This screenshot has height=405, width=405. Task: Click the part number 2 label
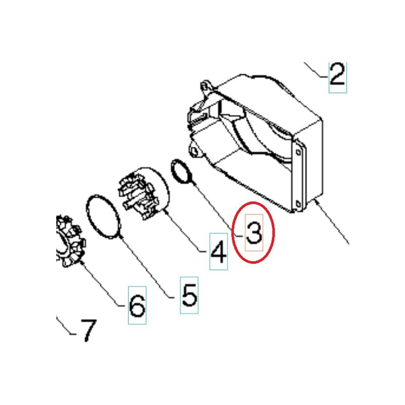[337, 75]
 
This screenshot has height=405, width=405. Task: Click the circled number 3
[254, 233]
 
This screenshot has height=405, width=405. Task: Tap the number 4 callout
[219, 252]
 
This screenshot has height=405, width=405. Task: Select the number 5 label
[189, 295]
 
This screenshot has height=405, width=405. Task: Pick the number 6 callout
[137, 306]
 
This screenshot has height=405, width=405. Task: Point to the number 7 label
[89, 330]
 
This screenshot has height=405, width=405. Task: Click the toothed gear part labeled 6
[70, 241]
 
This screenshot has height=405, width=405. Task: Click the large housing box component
[258, 142]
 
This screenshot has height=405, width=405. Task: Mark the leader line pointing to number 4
[185, 232]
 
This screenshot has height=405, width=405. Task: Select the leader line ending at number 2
[315, 70]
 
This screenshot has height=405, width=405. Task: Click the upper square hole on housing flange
[298, 153]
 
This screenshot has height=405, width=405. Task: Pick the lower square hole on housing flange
[298, 205]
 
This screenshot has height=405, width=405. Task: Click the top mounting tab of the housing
[206, 86]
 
